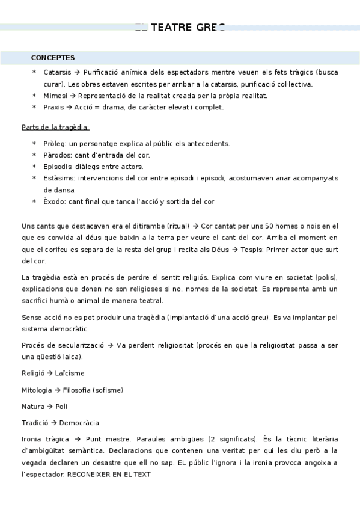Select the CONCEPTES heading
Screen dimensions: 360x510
[53, 58]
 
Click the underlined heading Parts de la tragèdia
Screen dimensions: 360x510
[55, 127]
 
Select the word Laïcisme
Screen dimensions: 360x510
[70, 373]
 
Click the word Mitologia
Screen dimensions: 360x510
[36, 390]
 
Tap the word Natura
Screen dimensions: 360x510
[33, 406]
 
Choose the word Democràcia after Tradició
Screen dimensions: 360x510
[78, 422]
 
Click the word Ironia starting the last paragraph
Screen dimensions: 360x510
[33, 439]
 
